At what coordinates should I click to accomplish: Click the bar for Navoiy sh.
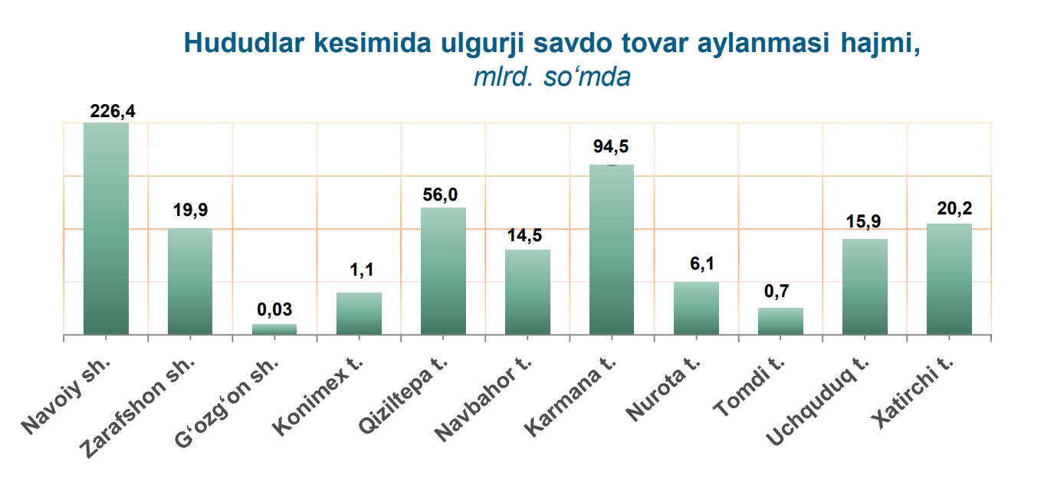point(106,228)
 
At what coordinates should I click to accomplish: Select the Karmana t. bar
point(612,250)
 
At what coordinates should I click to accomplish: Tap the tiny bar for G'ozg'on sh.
point(274,329)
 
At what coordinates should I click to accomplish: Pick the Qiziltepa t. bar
point(443,271)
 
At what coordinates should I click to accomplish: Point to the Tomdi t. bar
point(780,322)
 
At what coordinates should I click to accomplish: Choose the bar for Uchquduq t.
point(865,286)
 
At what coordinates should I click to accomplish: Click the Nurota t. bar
point(696,309)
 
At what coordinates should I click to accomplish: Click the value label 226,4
point(113,111)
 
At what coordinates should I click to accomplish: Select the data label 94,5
point(611,146)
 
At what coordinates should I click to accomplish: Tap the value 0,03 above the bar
point(274,309)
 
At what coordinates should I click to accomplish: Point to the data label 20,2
point(954,208)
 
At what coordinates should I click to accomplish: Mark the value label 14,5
point(524,235)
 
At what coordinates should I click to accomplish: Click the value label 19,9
point(190,210)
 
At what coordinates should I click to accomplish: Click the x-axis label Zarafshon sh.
point(136,408)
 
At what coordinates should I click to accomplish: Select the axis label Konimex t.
point(317,397)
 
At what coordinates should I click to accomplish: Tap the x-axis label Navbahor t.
point(483,400)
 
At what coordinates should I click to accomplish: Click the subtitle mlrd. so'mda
point(552,77)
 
